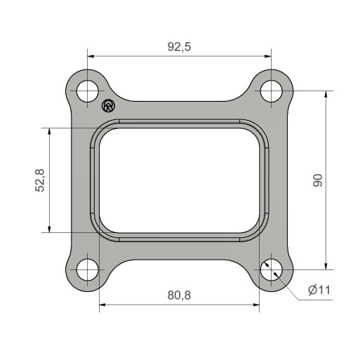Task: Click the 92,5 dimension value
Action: pyautogui.click(x=179, y=47)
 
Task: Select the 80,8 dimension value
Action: pyautogui.click(x=179, y=295)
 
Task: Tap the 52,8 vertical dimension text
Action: pyautogui.click(x=40, y=180)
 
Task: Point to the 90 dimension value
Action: pyautogui.click(x=318, y=180)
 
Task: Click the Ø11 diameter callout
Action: pyautogui.click(x=319, y=290)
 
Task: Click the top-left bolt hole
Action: pyautogui.click(x=88, y=91)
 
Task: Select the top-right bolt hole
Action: pyautogui.click(x=272, y=91)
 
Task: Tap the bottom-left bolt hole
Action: pyautogui.click(x=88, y=269)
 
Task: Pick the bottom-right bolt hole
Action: pyautogui.click(x=272, y=269)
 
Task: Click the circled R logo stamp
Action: pyautogui.click(x=109, y=106)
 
